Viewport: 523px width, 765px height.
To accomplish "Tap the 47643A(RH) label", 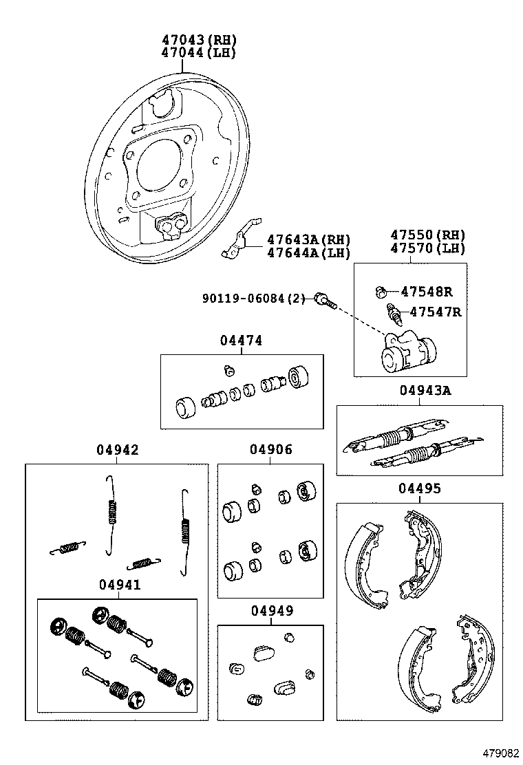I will [x=308, y=239].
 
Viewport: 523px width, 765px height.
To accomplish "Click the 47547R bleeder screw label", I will [x=435, y=312].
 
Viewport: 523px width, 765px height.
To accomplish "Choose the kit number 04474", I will [x=241, y=341].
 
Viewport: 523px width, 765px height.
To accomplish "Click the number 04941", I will [x=119, y=585].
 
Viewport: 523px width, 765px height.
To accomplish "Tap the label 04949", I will [x=271, y=611].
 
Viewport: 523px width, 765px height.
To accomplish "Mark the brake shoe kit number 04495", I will [x=419, y=488].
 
